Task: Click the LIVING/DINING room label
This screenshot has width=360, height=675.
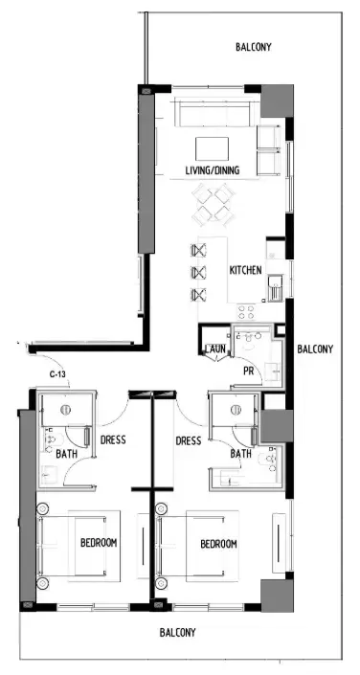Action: point(212,171)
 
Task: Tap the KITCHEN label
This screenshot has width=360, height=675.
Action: point(245,271)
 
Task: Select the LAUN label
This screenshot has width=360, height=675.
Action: point(214,349)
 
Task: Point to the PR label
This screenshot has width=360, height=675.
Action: point(247,371)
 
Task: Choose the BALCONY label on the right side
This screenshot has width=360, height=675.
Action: point(315,349)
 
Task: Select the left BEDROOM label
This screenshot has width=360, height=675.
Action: point(98,543)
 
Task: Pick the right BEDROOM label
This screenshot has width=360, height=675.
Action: point(218,544)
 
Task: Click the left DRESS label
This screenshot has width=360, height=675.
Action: point(113,440)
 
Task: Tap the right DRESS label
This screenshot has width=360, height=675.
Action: point(189,440)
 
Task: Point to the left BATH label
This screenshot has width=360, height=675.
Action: point(66,455)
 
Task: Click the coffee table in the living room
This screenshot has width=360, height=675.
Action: point(212,148)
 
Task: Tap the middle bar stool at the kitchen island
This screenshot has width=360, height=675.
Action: point(199,273)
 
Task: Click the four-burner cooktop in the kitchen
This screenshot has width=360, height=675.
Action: point(245,310)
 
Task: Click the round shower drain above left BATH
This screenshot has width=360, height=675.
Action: point(65,410)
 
